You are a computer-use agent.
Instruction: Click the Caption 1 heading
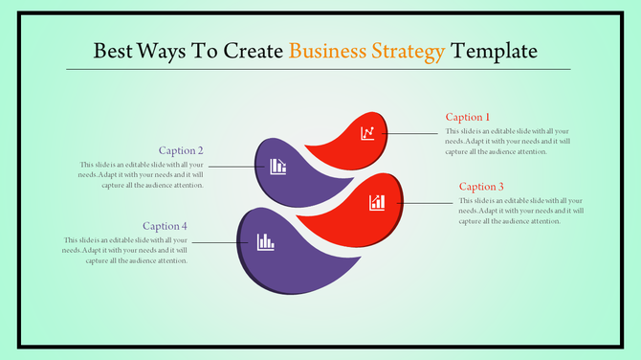point(468,117)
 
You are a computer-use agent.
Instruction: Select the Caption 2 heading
point(181,150)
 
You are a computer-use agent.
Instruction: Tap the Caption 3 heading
point(481,186)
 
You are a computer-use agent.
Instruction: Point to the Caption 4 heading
point(165,226)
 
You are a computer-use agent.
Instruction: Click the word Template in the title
point(495,50)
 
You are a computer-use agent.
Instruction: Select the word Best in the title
point(113,50)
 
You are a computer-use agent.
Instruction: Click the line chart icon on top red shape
point(367,133)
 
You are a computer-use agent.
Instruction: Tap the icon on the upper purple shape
point(278,167)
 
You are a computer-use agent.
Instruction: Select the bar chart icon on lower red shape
point(378,202)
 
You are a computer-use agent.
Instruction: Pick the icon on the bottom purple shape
point(265,241)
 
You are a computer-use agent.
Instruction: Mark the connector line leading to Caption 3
point(426,202)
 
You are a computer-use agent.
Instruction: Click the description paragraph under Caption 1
point(510,141)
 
